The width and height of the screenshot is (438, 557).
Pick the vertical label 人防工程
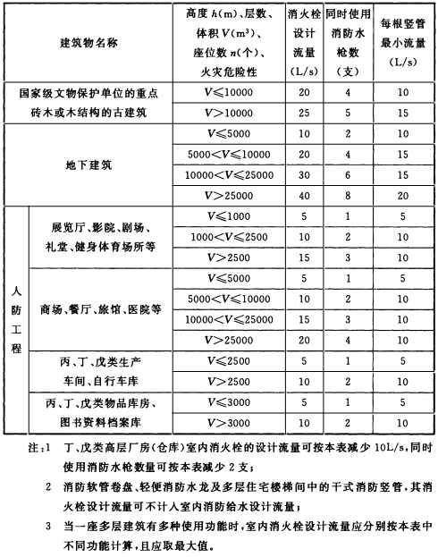15,319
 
